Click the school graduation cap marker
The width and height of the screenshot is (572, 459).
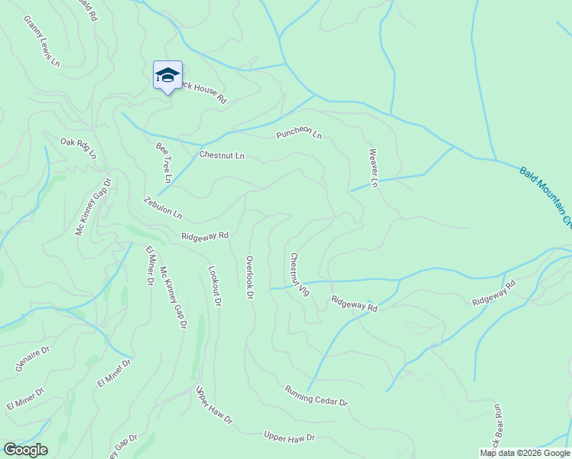point(167,76)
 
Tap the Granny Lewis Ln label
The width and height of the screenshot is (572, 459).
point(41,41)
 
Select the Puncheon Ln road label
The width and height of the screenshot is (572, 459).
point(299,135)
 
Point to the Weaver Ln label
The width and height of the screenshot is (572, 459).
point(374,168)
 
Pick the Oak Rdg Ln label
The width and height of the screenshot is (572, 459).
point(79,147)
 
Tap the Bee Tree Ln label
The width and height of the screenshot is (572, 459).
point(164,162)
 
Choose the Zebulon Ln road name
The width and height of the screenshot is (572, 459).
point(163,207)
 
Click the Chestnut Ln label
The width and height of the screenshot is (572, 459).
point(221,155)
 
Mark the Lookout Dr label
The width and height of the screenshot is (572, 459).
point(214,286)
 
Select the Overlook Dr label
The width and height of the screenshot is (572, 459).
point(249,276)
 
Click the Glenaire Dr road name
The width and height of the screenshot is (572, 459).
point(32,358)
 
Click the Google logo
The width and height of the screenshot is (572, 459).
point(25,450)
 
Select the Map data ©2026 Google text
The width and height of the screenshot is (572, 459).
point(525,453)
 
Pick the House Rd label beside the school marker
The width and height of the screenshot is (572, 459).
point(203,94)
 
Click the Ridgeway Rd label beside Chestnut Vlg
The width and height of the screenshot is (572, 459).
point(354,304)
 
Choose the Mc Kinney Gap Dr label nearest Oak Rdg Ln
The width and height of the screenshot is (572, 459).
point(93,207)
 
